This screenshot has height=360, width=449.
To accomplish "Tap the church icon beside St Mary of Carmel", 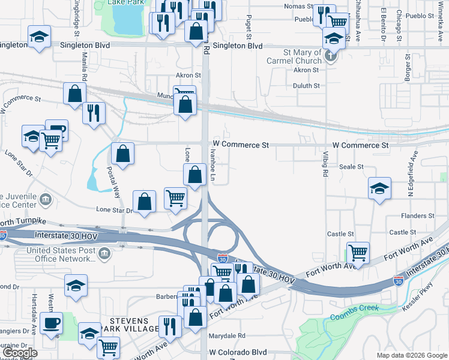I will coord(330,56).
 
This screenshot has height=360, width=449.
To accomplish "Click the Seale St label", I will coord(351,167).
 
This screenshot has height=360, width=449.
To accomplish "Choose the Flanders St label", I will coord(419,215).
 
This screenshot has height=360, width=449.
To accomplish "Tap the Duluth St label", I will coord(307,86).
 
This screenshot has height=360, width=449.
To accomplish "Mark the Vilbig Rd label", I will coord(325,165).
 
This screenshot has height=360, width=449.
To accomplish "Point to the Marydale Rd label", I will coord(227,335).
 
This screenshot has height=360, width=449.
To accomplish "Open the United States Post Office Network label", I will coord(52,254).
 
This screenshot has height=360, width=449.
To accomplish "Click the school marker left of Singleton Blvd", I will coord(39,38).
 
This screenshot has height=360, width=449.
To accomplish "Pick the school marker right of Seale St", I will coord(379,188).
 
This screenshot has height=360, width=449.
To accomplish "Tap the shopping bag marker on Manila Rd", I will coord(74,94).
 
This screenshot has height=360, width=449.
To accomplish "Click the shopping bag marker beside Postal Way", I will coord(122,154).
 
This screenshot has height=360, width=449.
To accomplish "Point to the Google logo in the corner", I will coord(20,353).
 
